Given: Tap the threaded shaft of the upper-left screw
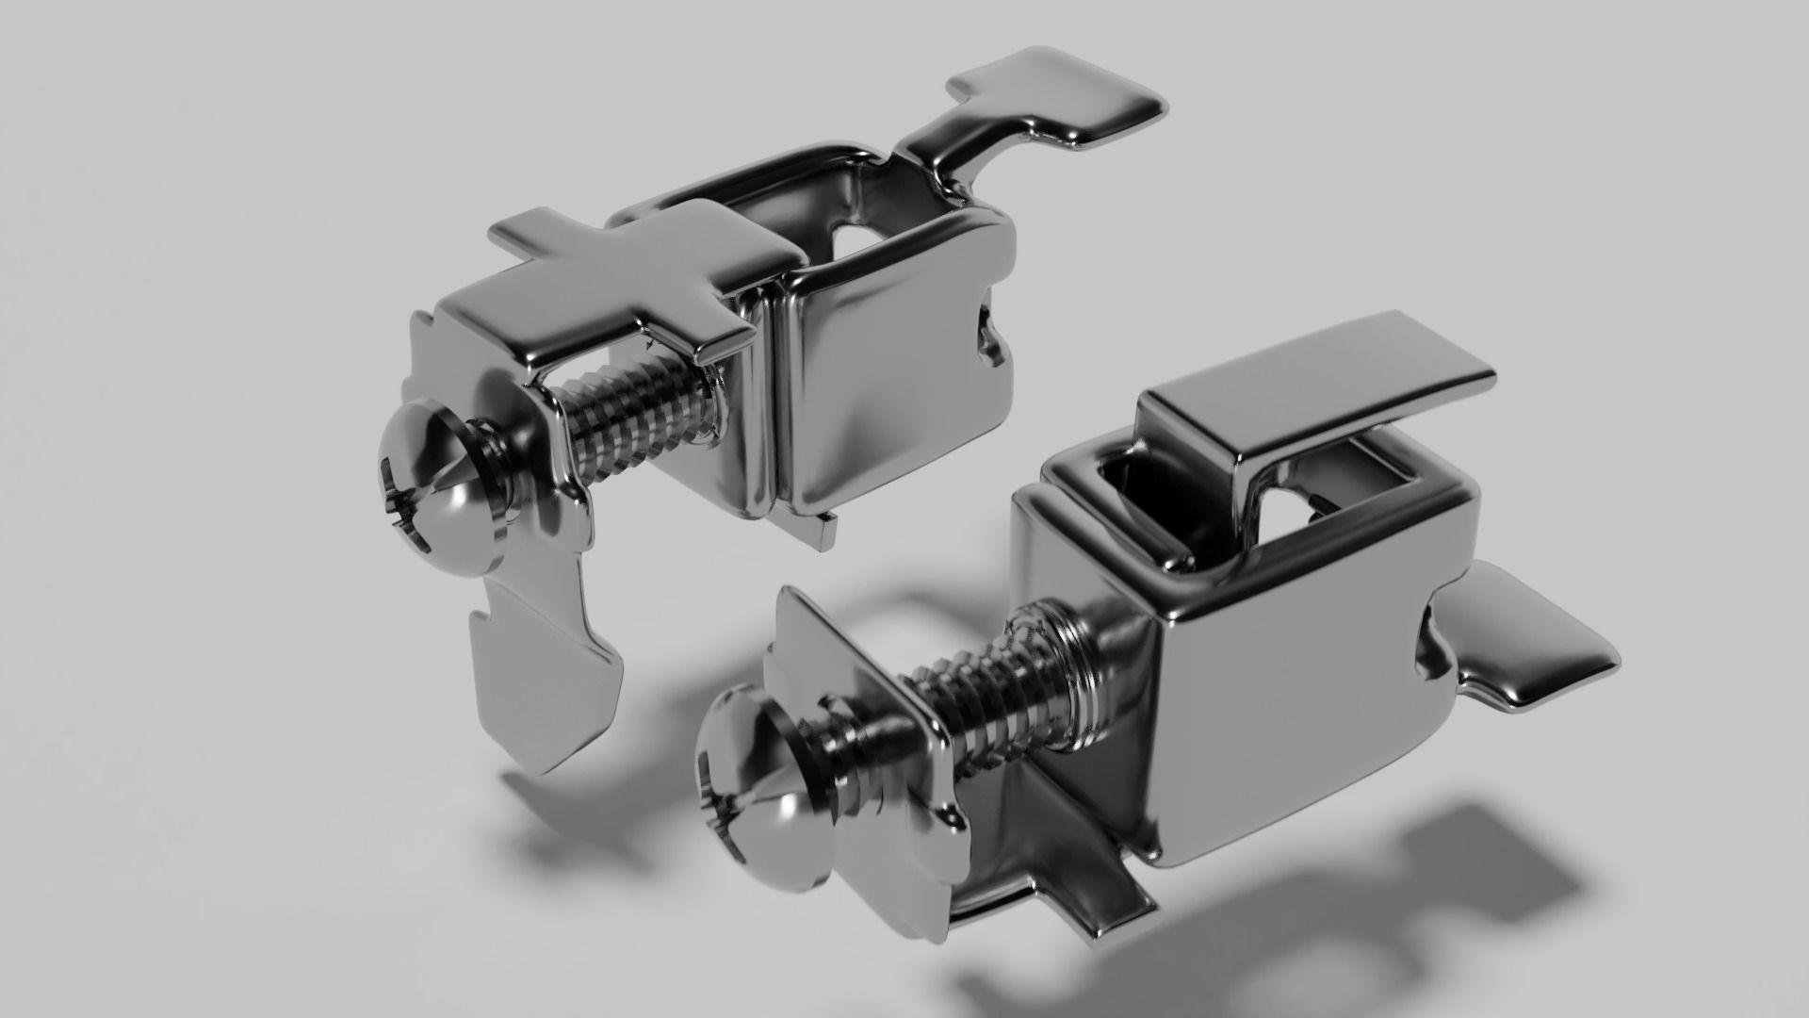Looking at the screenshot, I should click(641, 419).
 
